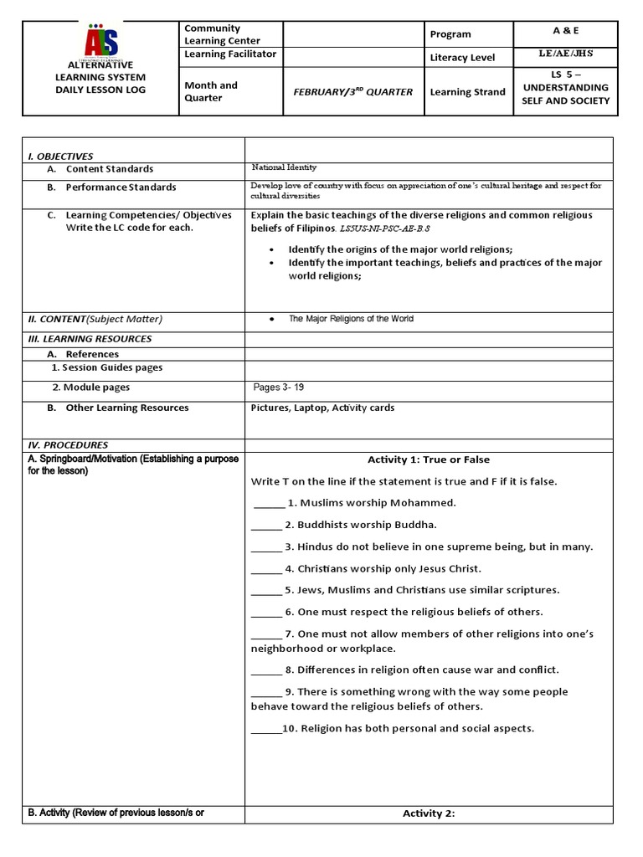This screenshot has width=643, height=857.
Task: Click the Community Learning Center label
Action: [222, 34]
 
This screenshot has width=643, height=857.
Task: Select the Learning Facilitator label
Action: [229, 54]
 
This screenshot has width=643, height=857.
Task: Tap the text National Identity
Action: [284, 168]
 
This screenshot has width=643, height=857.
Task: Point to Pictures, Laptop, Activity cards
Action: [322, 408]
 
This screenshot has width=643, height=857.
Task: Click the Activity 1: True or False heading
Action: [429, 459]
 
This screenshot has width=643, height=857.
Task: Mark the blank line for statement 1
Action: [269, 504]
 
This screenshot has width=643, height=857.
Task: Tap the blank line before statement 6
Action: [266, 613]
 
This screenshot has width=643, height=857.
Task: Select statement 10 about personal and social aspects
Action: [408, 728]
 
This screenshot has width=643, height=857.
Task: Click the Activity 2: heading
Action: [429, 813]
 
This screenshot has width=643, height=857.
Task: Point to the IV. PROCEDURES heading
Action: [68, 445]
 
